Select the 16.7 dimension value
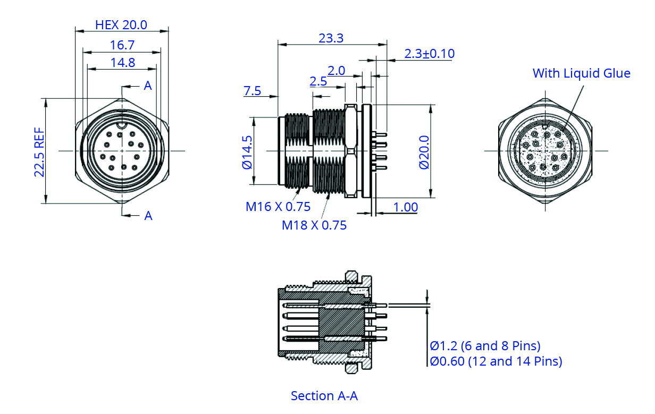pyautogui.click(x=122, y=45)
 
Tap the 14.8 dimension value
pyautogui.click(x=122, y=63)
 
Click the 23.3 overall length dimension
pyautogui.click(x=331, y=38)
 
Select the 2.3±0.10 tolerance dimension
pyautogui.click(x=430, y=54)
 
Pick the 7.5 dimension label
pyautogui.click(x=253, y=91)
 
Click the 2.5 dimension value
pyautogui.click(x=318, y=81)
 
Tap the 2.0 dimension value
pyautogui.click(x=337, y=71)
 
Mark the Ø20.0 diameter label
pyautogui.click(x=423, y=151)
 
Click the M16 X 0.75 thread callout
pyautogui.click(x=278, y=207)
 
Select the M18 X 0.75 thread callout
pyautogui.click(x=314, y=225)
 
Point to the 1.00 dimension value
pyautogui.click(x=405, y=207)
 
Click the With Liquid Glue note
pyautogui.click(x=581, y=73)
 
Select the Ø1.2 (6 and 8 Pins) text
pyautogui.click(x=485, y=346)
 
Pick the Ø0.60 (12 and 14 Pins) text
pyautogui.click(x=496, y=362)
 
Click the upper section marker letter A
pyautogui.click(x=148, y=86)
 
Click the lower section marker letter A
pyautogui.click(x=148, y=215)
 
